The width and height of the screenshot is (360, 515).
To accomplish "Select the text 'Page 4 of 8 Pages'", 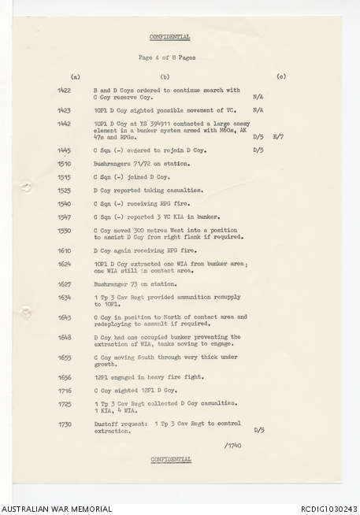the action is coord(166,57).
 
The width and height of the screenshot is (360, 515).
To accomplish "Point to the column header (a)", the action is coord(75,76).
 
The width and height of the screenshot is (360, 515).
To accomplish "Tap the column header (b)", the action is coord(165,76).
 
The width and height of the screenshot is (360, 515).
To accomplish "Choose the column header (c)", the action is coord(281,76).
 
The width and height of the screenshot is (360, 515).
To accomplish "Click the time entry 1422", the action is coord(65,91).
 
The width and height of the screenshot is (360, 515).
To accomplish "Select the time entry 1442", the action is coord(65,124).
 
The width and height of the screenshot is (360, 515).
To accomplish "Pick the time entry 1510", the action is coord(65,163).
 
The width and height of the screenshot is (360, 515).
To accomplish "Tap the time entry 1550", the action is coord(65,231).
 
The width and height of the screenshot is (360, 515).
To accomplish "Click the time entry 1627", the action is coord(65,283).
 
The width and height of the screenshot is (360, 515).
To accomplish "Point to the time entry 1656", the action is coord(65,378).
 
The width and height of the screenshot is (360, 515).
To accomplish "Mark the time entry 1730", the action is coord(65,424).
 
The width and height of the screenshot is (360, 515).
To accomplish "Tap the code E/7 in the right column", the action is coord(277,136).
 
